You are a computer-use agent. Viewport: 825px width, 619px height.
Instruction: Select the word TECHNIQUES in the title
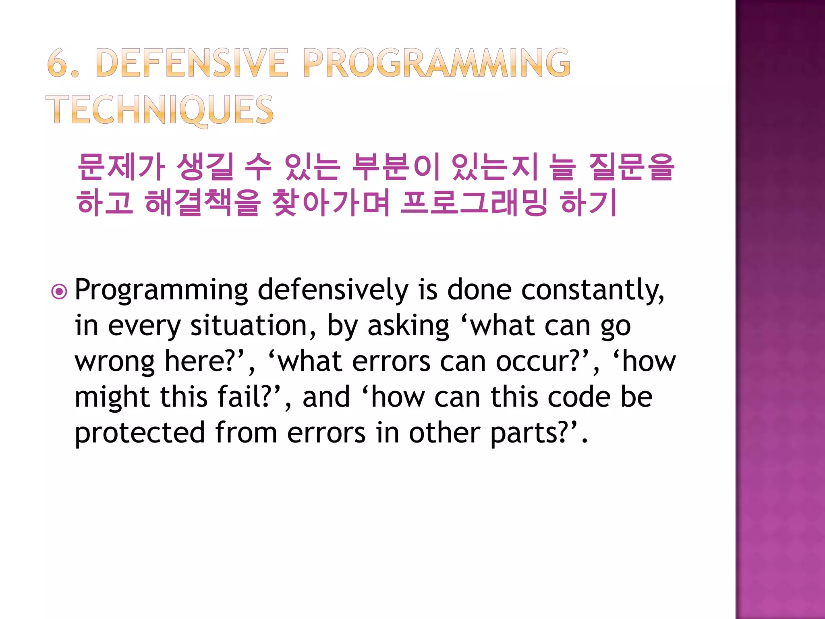pyautogui.click(x=160, y=110)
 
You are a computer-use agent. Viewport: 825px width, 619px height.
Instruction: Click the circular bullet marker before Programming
pyautogui.click(x=59, y=291)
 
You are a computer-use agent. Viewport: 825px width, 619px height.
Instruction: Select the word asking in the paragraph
pyautogui.click(x=408, y=326)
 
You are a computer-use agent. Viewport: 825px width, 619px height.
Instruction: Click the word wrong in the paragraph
pyautogui.click(x=114, y=362)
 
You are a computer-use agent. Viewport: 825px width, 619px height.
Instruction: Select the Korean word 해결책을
pyautogui.click(x=202, y=202)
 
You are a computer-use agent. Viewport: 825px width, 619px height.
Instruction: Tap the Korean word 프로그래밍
pyautogui.click(x=474, y=202)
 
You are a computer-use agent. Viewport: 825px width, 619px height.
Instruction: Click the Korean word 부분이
pyautogui.click(x=395, y=167)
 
